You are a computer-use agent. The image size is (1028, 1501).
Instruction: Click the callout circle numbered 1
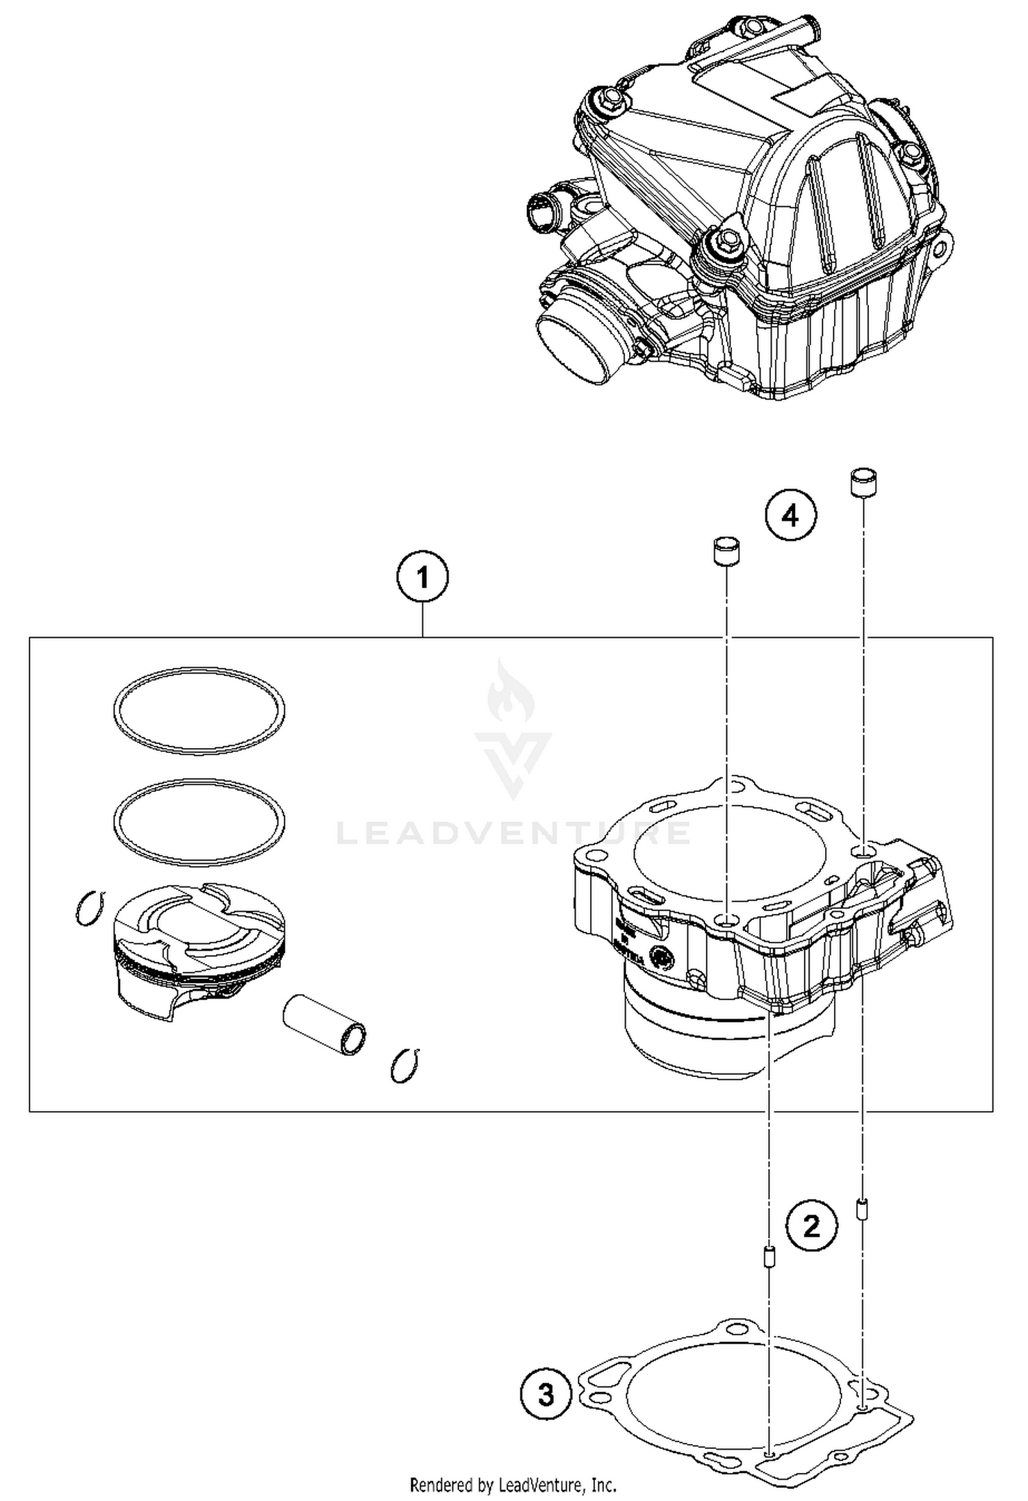click(x=423, y=578)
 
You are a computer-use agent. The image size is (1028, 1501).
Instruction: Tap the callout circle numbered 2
click(x=811, y=1226)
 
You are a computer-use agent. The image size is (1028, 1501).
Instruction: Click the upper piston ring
click(x=199, y=711)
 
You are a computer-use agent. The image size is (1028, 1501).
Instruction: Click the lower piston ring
click(x=199, y=822)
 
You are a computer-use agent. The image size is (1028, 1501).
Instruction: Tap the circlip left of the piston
click(x=90, y=908)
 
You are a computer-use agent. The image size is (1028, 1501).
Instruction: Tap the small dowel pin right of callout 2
click(x=861, y=1208)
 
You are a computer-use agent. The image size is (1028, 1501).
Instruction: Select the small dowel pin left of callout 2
click(x=770, y=1257)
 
